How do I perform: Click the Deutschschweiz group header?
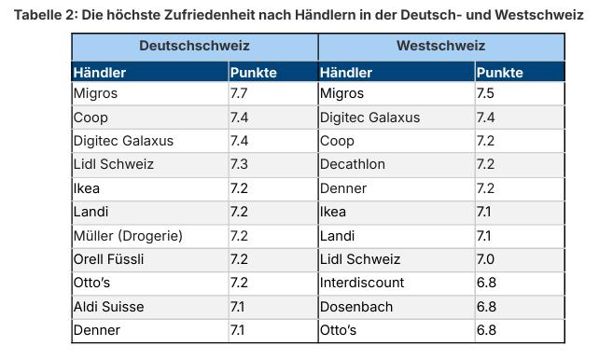click(194, 46)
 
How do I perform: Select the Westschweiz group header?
click(440, 46)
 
